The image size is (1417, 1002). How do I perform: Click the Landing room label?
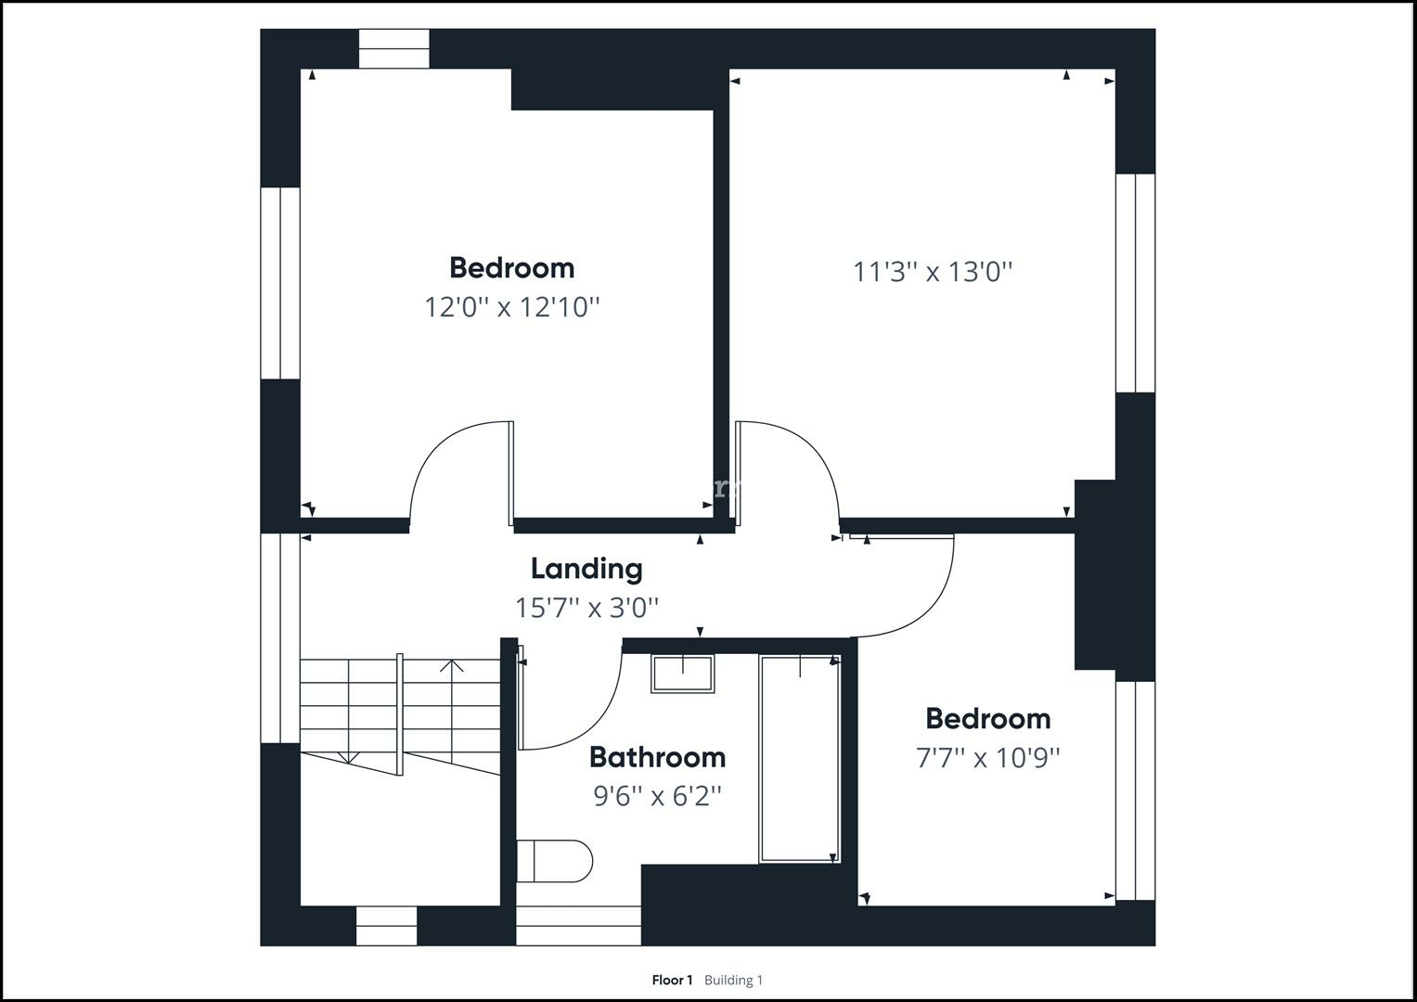tap(586, 569)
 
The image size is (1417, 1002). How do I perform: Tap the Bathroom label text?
tap(657, 757)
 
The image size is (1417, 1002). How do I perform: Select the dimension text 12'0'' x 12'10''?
tap(512, 306)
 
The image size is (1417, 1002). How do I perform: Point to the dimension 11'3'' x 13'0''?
tap(933, 272)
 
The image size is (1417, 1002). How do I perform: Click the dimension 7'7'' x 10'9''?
tap(988, 758)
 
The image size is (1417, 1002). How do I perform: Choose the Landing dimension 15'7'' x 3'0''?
tap(586, 608)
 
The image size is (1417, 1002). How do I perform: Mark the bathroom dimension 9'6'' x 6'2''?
tap(657, 796)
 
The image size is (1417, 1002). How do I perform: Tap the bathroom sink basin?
tap(682, 674)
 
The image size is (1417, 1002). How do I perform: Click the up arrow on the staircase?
tap(452, 666)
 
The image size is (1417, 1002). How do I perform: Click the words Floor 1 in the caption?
tap(672, 980)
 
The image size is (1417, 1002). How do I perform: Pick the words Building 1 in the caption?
tap(733, 980)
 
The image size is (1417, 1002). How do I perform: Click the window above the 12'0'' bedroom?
tap(393, 49)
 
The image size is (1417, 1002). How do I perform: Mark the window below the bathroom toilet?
tap(578, 925)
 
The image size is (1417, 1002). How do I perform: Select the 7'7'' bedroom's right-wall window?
tap(1135, 790)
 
